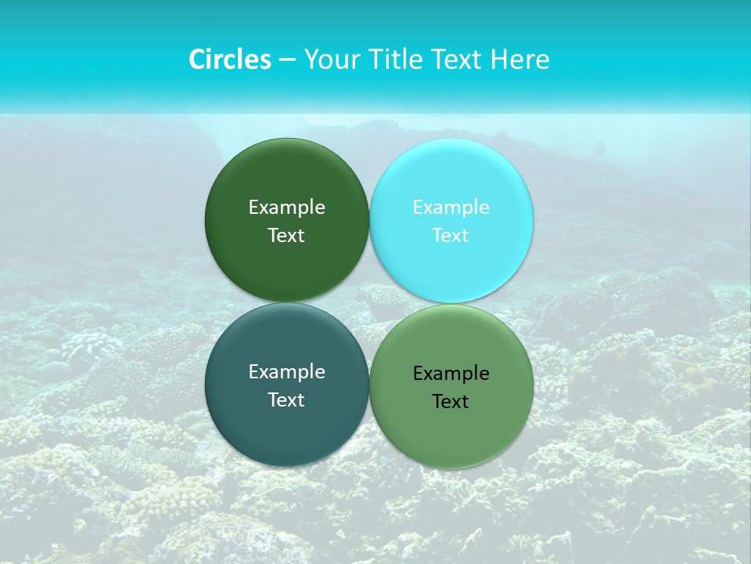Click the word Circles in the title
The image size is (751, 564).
point(230,60)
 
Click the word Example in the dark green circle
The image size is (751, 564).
point(286,208)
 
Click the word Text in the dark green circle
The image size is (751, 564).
point(286,236)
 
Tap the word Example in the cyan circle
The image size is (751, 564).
point(451,208)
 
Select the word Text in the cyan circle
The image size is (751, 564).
point(451,236)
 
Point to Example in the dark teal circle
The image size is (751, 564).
point(286,372)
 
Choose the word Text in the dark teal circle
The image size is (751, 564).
point(286,400)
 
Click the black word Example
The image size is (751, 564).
point(451,374)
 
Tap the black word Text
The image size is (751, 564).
point(451,402)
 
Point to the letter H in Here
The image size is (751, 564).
point(498,60)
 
